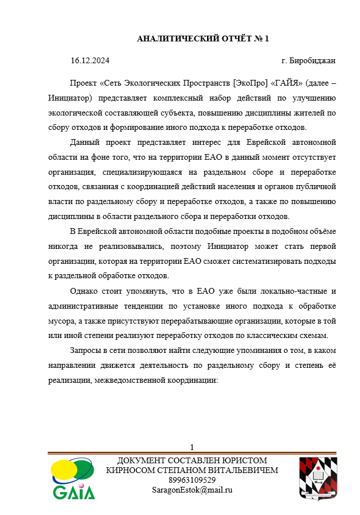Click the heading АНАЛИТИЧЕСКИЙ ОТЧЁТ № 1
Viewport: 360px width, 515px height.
[x=202, y=39]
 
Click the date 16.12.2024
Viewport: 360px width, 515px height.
[x=90, y=60]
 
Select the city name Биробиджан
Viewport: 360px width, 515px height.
[x=313, y=60]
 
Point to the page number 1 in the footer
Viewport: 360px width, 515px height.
[x=192, y=447]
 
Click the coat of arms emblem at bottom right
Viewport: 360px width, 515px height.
[x=317, y=478]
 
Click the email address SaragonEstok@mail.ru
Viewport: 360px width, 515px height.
[x=192, y=490]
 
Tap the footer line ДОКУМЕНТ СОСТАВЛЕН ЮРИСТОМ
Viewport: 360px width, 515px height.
[x=192, y=461]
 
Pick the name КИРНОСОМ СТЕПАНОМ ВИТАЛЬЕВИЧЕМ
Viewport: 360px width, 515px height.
[x=192, y=470]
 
